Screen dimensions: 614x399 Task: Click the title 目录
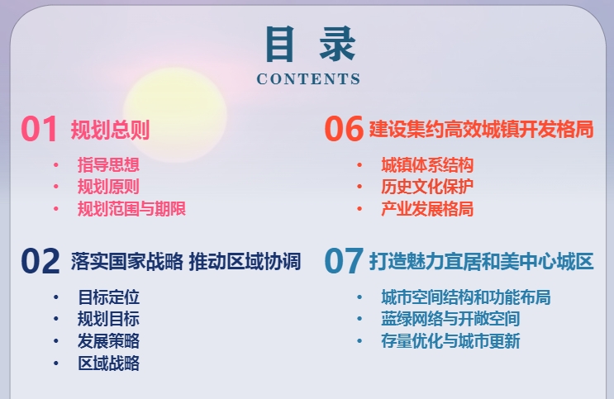tap(311, 45)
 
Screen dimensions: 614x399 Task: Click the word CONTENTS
tap(308, 79)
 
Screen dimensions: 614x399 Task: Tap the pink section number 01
tap(40, 129)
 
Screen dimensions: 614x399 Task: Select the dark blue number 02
tap(40, 261)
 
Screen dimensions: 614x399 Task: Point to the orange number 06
tap(344, 128)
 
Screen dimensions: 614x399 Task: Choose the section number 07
tap(344, 261)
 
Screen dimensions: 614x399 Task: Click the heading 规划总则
tap(110, 130)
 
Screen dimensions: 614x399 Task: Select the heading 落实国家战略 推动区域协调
tap(186, 261)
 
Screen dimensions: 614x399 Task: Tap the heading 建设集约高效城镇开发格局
tap(481, 129)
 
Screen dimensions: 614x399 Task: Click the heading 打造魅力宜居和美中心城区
tap(481, 261)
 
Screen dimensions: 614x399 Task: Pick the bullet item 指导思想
tap(108, 164)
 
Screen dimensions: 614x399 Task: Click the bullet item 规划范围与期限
tap(131, 209)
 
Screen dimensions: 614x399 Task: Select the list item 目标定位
tap(108, 297)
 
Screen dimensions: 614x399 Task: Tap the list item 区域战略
tap(108, 363)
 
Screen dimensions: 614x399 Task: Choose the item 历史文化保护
tap(427, 187)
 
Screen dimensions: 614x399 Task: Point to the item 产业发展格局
tap(427, 209)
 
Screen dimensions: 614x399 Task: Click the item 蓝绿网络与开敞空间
tap(450, 319)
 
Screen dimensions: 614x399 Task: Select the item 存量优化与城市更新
tap(450, 341)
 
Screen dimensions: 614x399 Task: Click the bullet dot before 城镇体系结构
tap(359, 165)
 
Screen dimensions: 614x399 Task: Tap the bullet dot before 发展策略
tap(56, 341)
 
